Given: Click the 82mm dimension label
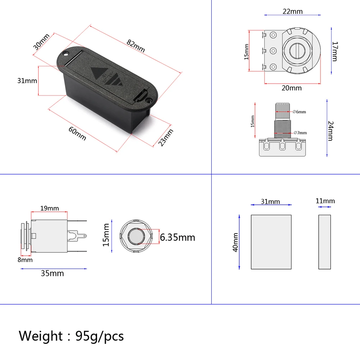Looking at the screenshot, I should point(135,46).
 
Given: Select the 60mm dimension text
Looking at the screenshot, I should point(77,133).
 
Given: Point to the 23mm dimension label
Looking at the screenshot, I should point(166,138).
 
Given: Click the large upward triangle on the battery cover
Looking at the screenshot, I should point(98,75).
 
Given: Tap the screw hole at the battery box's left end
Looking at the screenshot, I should point(66,55).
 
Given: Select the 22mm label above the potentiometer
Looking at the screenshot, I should point(292,11).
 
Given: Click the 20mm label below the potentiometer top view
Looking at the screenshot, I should point(291,88).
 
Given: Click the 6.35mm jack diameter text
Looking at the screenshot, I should point(177,237).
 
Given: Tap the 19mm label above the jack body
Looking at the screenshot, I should point(49,208).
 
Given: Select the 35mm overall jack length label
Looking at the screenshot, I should point(52,273).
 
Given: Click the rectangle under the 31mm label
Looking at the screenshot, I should point(271,242).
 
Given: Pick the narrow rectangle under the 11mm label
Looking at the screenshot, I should point(324,242).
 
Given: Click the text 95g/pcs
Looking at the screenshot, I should point(100,336).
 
